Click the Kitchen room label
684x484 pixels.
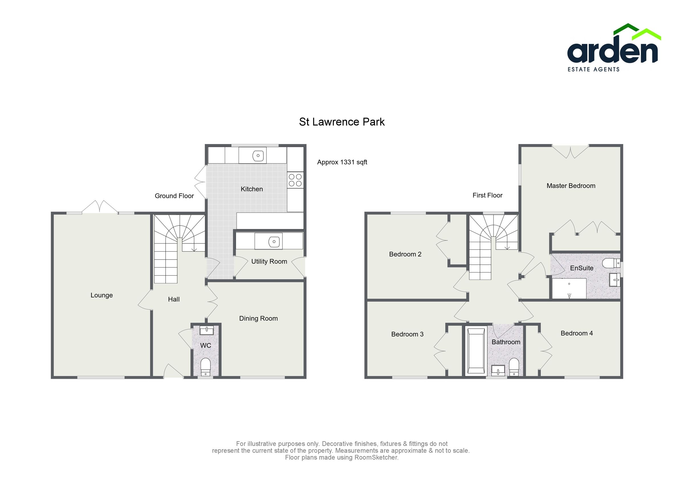251,189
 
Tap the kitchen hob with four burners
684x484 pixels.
295,181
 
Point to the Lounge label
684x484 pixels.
101,295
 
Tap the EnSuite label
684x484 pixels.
581,268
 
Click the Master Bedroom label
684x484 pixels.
571,186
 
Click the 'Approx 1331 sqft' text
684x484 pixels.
342,162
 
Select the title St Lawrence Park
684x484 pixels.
342,122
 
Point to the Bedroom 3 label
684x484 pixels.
407,334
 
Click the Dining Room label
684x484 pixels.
258,319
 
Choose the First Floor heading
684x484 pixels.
487,195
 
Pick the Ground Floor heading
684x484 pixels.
174,196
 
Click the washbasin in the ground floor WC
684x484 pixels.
206,330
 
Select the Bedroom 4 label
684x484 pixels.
576,333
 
